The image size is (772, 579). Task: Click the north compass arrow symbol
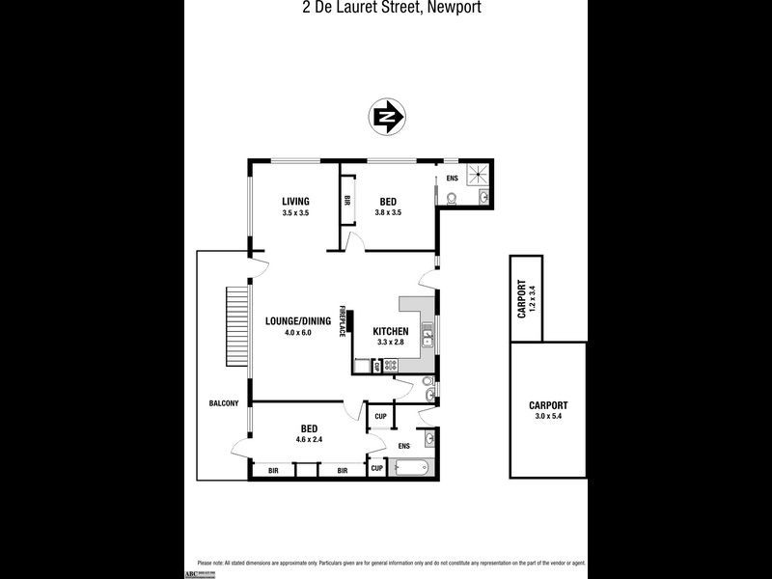click(387, 118)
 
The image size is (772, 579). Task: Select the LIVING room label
click(295, 201)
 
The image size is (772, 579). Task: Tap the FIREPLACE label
click(342, 321)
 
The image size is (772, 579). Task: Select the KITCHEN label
click(392, 332)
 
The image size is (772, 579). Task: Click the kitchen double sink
click(427, 338)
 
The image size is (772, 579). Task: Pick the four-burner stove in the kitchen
click(392, 366)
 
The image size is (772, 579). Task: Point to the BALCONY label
click(223, 403)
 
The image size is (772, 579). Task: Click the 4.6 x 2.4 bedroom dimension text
click(310, 439)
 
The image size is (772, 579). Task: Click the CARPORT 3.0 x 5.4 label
click(548, 411)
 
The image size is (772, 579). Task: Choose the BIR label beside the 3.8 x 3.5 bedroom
click(346, 202)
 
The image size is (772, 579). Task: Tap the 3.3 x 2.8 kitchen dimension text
click(392, 343)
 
